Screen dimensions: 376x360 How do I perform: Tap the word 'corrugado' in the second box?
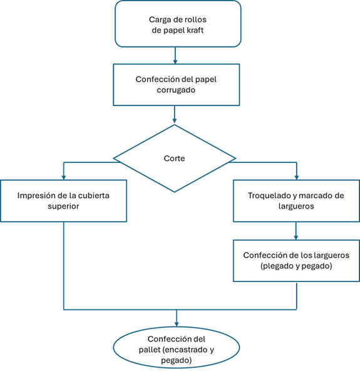pos(177,90)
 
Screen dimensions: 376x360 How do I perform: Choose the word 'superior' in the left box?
pos(63,206)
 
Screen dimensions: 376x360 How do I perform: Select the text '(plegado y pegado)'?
pos(296,266)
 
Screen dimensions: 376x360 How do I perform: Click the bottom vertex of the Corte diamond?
pos(175,192)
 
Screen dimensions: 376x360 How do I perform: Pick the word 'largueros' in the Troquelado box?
pos(296,206)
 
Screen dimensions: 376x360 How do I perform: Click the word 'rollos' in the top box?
pos(198,19)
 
